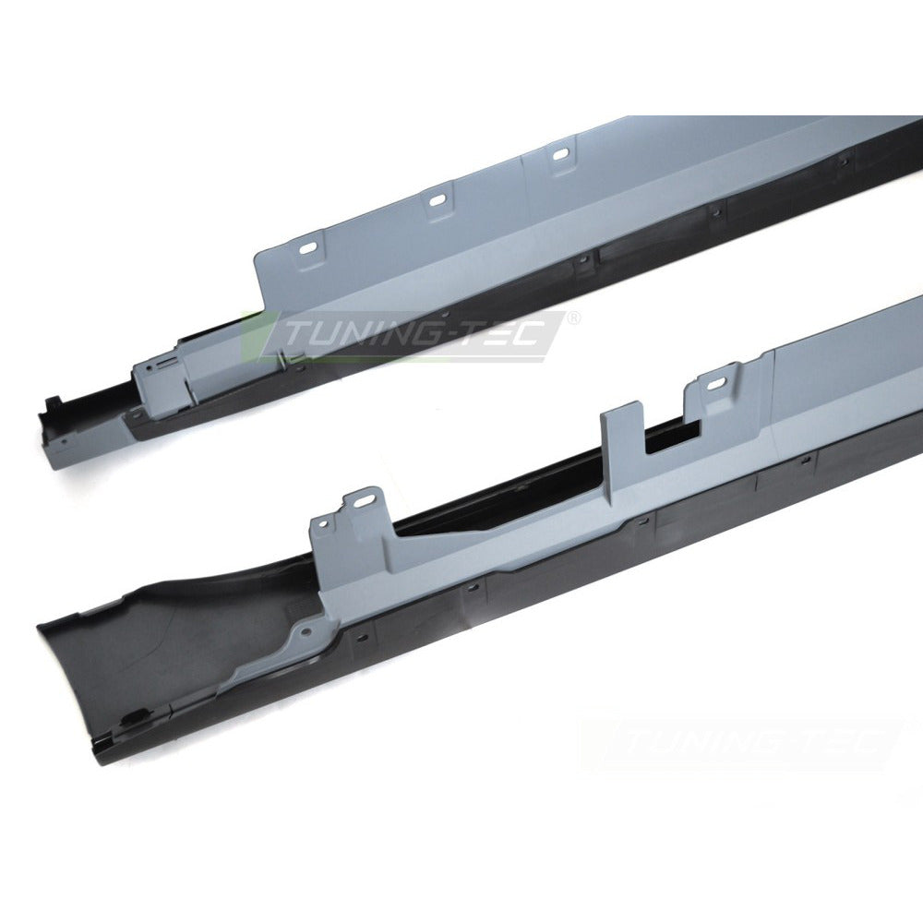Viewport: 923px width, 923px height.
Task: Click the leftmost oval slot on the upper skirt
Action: click(x=310, y=247)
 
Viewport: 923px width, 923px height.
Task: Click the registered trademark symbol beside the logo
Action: click(x=573, y=318)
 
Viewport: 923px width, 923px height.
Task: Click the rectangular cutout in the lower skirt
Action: click(x=673, y=437)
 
